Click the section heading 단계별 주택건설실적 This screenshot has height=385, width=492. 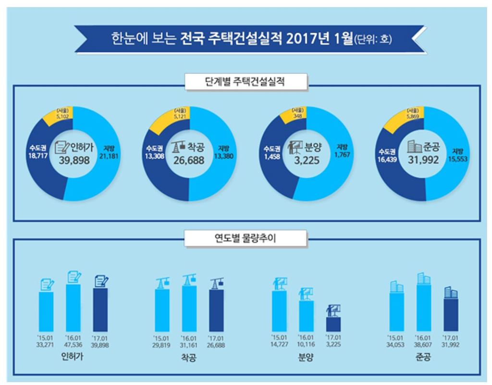coord(246,82)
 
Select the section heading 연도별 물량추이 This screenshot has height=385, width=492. coord(246,237)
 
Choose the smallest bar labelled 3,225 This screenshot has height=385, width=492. coord(333,324)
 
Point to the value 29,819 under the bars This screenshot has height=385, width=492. coord(161,345)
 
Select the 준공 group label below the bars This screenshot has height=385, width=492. coord(423,358)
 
